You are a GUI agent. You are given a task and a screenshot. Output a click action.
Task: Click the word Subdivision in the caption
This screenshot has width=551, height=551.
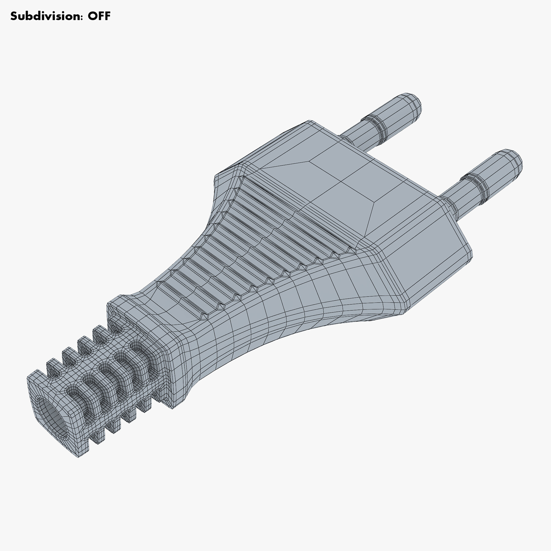pyautogui.click(x=46, y=16)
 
